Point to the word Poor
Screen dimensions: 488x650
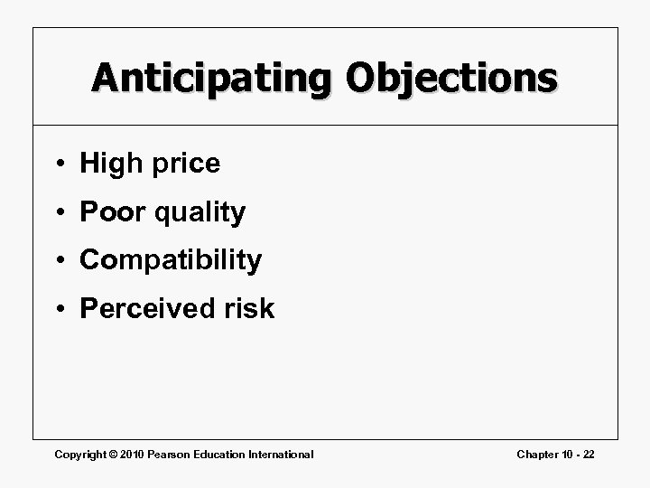tap(113, 212)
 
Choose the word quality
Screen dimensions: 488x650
tap(200, 213)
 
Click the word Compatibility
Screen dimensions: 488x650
tap(171, 261)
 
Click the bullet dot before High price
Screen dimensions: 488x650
tap(59, 164)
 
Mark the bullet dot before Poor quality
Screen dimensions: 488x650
tap(59, 213)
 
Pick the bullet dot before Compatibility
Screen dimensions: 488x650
tap(59, 261)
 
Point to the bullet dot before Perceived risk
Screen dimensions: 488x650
tap(59, 310)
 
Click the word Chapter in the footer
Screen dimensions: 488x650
tap(537, 454)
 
